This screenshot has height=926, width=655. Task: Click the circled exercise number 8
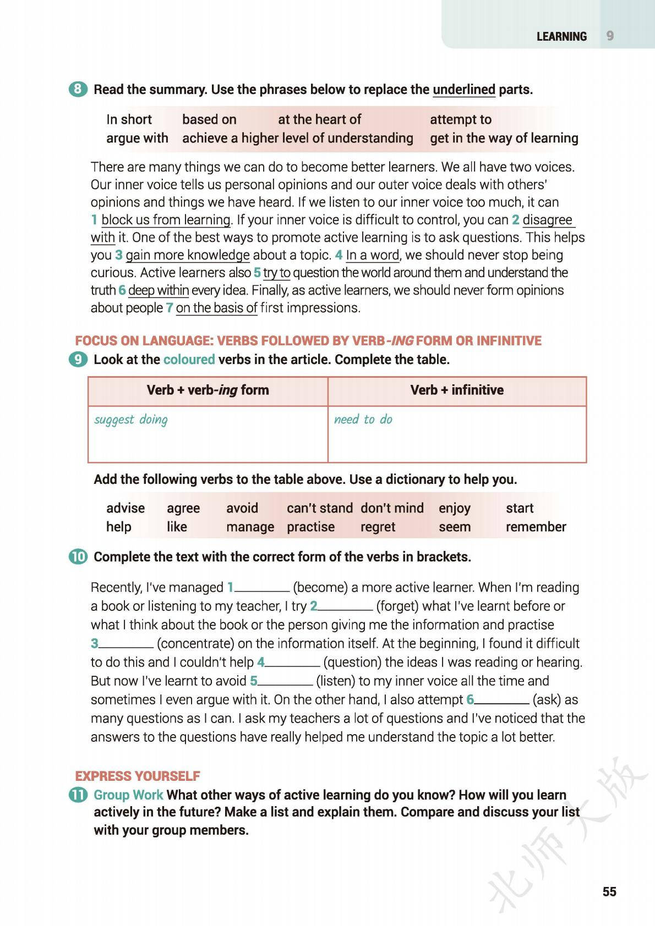[x=78, y=89]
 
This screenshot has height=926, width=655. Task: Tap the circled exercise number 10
[x=78, y=556]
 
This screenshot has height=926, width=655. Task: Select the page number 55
[x=609, y=891]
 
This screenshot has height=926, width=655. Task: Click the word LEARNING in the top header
[x=561, y=36]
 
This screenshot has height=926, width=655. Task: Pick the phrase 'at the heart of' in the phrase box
[x=319, y=119]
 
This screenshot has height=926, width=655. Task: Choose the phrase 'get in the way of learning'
[x=504, y=138]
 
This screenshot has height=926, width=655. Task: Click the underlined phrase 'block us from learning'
[x=166, y=220]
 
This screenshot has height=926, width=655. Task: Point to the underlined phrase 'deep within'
[x=159, y=290]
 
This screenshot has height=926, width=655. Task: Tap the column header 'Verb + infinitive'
[x=457, y=390]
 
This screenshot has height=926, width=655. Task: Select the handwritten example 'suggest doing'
[x=131, y=420]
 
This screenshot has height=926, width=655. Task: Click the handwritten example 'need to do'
[x=363, y=420]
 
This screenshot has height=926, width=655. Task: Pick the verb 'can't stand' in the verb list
[x=319, y=508]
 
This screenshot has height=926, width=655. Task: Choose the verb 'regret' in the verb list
[x=378, y=527]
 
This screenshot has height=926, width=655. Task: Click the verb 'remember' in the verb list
[x=536, y=527]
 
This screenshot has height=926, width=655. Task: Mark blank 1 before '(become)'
[x=262, y=588]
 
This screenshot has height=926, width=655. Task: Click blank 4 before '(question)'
[x=292, y=663]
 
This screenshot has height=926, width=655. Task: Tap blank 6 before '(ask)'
[x=501, y=701]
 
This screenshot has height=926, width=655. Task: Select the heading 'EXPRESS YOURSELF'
[x=138, y=776]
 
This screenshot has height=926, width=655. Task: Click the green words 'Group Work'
[x=128, y=795]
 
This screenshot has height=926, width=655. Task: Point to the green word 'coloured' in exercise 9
[x=189, y=360]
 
